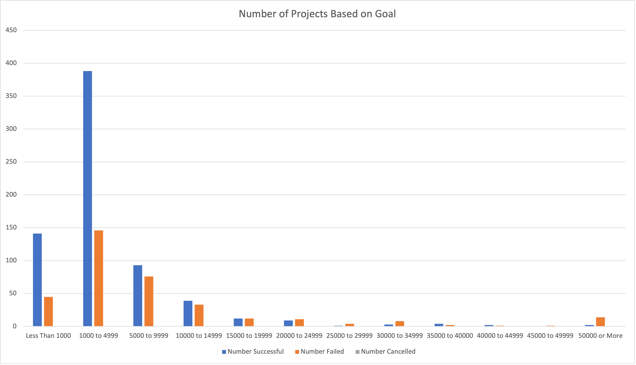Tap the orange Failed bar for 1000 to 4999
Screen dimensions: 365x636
[99, 278]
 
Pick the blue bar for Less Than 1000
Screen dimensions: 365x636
[37, 280]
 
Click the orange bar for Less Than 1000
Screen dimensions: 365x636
[48, 312]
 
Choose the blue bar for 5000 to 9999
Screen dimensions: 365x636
[138, 296]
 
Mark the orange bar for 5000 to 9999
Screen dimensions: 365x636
[149, 301]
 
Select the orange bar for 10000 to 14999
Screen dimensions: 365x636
[199, 315]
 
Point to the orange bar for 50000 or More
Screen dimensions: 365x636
[600, 322]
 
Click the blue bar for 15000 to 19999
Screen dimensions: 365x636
[238, 322]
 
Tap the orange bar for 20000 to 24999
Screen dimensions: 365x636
[299, 323]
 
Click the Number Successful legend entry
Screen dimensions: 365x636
[253, 351]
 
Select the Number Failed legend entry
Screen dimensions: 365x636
[320, 351]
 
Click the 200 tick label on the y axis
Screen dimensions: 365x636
[11, 194]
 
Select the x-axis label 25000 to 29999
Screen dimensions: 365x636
[349, 336]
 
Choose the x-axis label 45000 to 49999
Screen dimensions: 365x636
[550, 336]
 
